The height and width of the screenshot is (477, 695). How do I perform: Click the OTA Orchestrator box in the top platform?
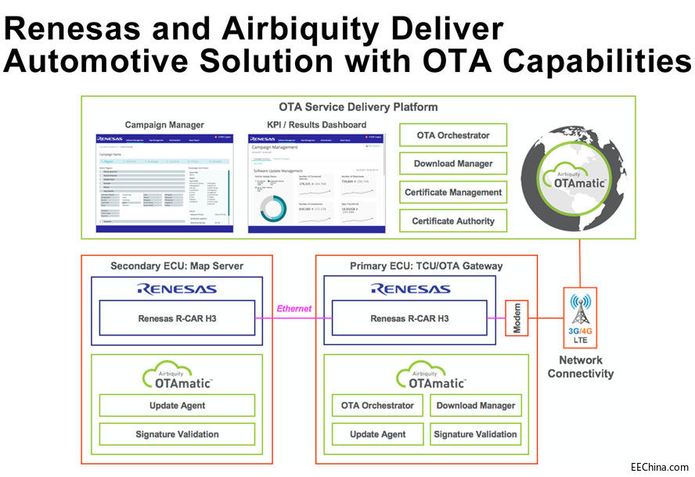pos(453,135)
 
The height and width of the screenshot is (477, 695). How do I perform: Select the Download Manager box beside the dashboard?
pos(453,164)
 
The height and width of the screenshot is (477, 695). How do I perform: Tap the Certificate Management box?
pos(453,192)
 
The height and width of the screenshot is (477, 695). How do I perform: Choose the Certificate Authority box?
pos(453,221)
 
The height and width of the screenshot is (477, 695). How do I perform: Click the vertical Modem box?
pos(517,317)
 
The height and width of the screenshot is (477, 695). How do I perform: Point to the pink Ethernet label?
pos(293,309)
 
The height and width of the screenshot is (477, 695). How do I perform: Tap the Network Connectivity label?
pos(580,367)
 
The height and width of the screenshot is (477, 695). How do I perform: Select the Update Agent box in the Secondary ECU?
pos(177,406)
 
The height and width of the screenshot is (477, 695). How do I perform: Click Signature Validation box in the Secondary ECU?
pos(177,434)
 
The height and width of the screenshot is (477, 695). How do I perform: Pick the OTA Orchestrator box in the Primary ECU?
pos(377,406)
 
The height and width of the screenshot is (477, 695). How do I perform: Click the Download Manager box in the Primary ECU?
pos(476,406)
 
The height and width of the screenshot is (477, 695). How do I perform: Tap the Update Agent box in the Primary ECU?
pos(377,434)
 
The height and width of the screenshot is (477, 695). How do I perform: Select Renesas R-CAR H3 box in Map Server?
pos(177,318)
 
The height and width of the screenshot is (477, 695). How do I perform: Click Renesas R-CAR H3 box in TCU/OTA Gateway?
pos(411,318)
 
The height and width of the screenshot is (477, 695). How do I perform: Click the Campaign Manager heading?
pos(164,124)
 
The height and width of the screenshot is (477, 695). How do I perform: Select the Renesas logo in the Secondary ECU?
pos(177,289)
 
